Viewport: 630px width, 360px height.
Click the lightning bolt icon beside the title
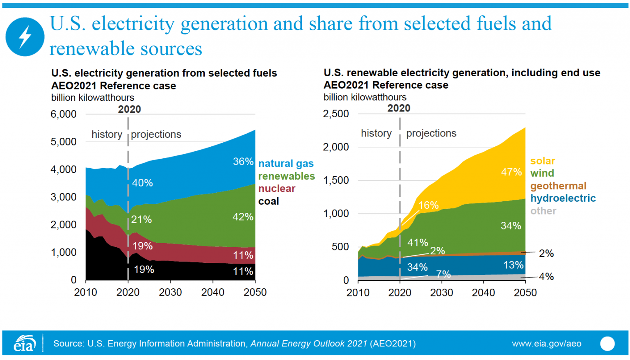point(25,37)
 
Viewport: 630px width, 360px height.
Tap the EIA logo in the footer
point(25,343)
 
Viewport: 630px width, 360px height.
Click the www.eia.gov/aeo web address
point(546,344)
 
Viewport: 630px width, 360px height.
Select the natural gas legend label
point(286,164)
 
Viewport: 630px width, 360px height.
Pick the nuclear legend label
point(276,189)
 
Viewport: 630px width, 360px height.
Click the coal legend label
point(268,201)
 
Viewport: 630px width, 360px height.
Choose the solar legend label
point(542,161)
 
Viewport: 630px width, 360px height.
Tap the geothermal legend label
point(558,186)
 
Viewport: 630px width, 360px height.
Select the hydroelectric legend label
point(563,198)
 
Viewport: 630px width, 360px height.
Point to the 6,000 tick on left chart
point(63,114)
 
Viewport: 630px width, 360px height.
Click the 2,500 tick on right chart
point(336,114)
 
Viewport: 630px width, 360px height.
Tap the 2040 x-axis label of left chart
point(212,292)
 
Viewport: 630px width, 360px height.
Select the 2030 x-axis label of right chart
point(441,292)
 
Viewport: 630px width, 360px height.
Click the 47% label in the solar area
point(511,172)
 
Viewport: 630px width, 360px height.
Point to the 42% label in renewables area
point(243,217)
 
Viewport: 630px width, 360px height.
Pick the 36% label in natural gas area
point(243,162)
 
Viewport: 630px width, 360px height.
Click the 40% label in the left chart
point(142,183)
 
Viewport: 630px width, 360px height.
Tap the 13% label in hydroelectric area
point(513,265)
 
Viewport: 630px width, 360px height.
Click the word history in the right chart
point(376,133)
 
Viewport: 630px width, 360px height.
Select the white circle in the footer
point(607,344)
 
